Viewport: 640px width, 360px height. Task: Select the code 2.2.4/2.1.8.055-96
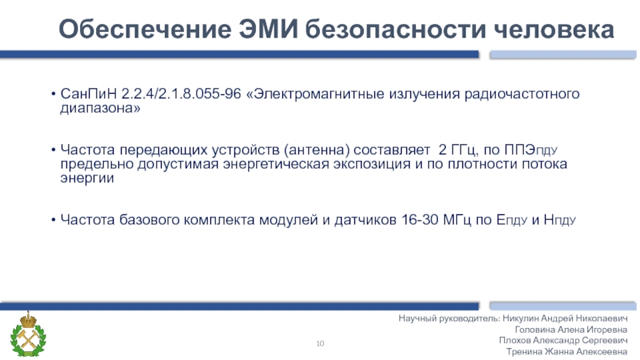(183, 94)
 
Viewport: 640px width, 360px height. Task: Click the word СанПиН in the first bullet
(90, 94)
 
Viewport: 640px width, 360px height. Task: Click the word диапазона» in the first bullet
(100, 108)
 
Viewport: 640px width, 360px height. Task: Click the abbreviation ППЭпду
(546, 150)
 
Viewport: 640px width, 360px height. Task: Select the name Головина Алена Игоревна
(573, 329)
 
